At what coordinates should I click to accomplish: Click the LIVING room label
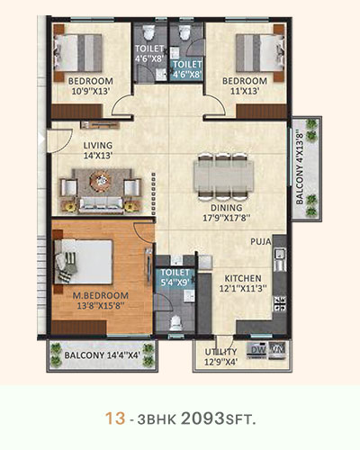[x=98, y=146]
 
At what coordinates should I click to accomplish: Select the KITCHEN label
[x=243, y=278]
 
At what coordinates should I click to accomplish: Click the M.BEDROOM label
[x=101, y=295]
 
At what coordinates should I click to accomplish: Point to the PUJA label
[x=261, y=241]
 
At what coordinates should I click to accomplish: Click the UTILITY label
[x=221, y=352]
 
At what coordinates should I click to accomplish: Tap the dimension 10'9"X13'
[x=90, y=91]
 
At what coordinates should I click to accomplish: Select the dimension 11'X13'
[x=245, y=91]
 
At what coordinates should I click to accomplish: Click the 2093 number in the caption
[x=202, y=418]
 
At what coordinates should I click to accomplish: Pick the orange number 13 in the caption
[x=115, y=418]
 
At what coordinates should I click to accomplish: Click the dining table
[x=223, y=175]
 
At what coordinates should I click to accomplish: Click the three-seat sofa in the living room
[x=101, y=205]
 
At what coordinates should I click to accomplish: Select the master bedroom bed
[x=83, y=261]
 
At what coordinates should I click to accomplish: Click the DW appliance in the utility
[x=257, y=350]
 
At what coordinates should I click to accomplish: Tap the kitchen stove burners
[x=279, y=303]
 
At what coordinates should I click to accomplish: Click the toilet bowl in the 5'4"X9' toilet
[x=175, y=323]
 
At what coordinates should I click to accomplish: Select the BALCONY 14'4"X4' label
[x=103, y=355]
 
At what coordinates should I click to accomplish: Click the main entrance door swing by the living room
[x=60, y=140]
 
